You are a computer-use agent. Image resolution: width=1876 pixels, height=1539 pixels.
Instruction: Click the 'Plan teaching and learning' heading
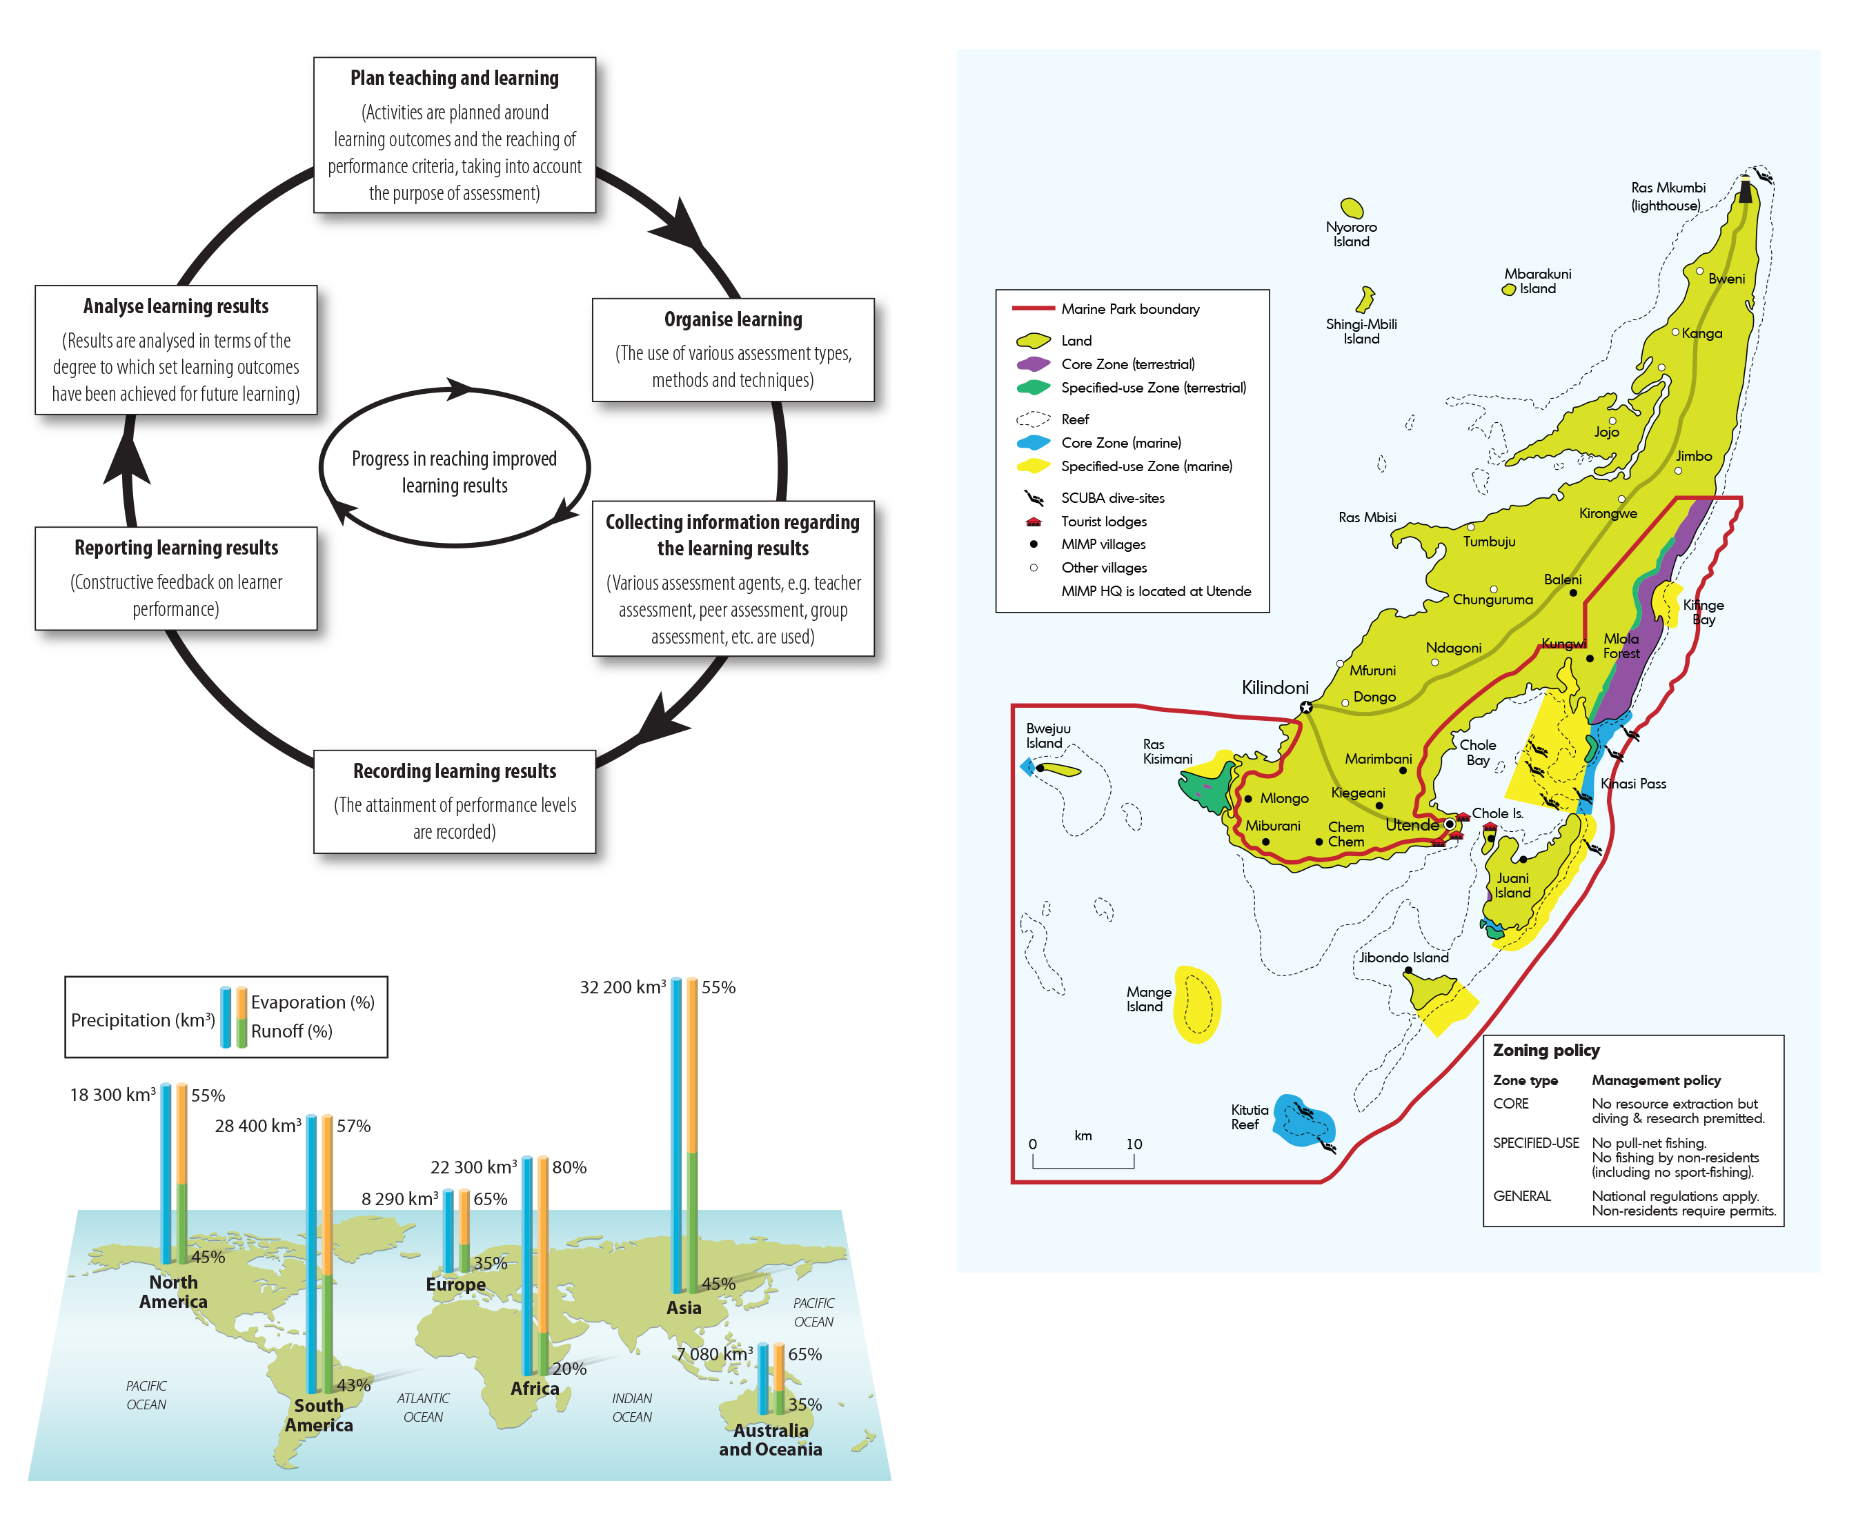pos(454,78)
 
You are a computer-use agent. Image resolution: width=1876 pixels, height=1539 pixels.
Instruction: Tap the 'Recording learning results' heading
pos(454,771)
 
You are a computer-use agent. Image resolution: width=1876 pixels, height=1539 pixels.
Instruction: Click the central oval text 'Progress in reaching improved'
pos(454,458)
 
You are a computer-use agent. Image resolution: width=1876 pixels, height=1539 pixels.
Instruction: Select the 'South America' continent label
pos(318,1415)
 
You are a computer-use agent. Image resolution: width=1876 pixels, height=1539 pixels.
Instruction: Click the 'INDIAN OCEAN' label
pos(631,1408)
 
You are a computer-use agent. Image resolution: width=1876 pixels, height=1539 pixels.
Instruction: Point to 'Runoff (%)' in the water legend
pos(292,1031)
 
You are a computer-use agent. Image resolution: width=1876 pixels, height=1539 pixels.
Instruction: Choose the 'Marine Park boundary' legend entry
pos(1129,308)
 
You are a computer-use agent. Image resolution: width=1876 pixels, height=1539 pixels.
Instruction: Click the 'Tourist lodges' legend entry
pos(1103,522)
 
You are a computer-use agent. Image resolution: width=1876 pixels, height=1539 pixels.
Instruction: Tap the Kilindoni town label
pos(1274,688)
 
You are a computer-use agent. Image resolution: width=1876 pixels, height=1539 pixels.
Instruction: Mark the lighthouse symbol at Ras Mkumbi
pos(1745,189)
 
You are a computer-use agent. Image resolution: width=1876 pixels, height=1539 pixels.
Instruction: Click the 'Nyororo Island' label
pos(1350,234)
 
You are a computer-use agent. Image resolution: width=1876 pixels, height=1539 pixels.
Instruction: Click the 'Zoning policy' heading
pos(1546,1051)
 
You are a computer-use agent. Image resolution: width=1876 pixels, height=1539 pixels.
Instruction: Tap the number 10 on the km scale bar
pos(1133,1144)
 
